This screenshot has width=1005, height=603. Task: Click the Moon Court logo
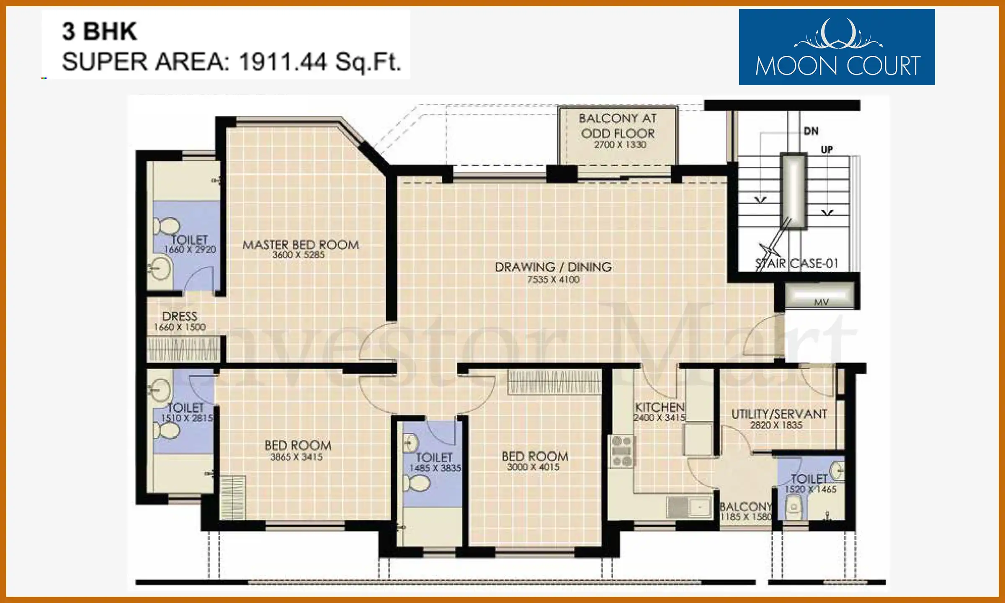[x=837, y=47]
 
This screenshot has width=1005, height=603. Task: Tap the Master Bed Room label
[x=301, y=245]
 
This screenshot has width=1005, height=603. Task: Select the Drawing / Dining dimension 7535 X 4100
[x=553, y=280]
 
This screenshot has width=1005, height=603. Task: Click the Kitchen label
[x=660, y=407]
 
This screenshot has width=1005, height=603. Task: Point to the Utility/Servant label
[x=779, y=414]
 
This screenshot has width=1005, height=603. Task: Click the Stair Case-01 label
[x=797, y=263]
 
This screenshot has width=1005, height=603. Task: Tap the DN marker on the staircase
[x=811, y=131]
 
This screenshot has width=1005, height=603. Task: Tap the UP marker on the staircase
[x=827, y=149]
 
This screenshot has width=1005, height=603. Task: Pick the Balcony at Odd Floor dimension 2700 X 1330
[x=620, y=144]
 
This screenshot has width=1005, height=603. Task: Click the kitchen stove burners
[x=622, y=451]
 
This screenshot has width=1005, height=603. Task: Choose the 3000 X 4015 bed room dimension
[x=533, y=466]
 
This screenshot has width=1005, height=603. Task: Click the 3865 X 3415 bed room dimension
[x=296, y=456]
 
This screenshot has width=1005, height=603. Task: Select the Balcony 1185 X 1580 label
[x=745, y=511]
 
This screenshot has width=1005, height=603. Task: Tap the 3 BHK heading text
[x=100, y=31]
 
